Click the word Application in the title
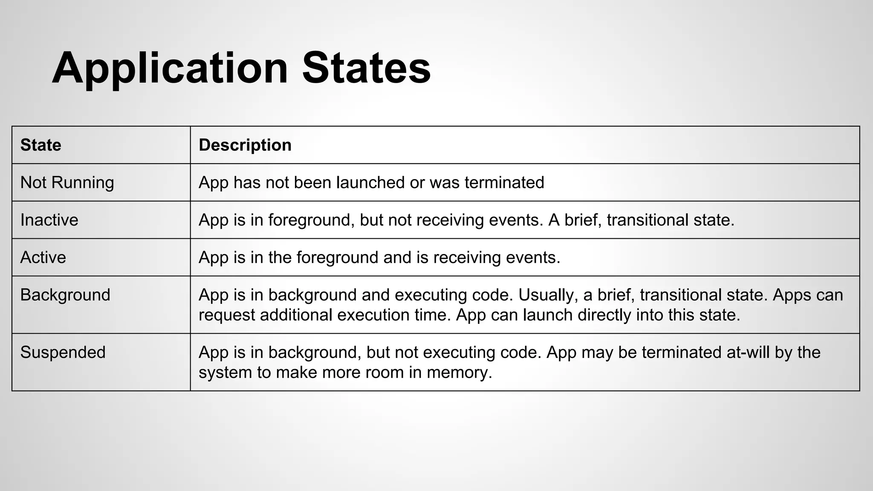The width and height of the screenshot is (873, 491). point(170,68)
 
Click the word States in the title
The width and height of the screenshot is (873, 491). point(366,68)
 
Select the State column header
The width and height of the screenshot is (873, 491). point(41,145)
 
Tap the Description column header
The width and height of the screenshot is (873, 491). point(245,145)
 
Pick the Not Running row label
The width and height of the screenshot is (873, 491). point(67,182)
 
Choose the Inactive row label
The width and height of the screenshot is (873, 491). point(49,220)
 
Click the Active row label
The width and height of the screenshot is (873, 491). point(43,257)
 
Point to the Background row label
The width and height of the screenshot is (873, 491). point(65,295)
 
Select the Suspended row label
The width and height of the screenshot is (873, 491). point(63,352)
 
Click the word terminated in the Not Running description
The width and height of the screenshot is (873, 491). point(504,182)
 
